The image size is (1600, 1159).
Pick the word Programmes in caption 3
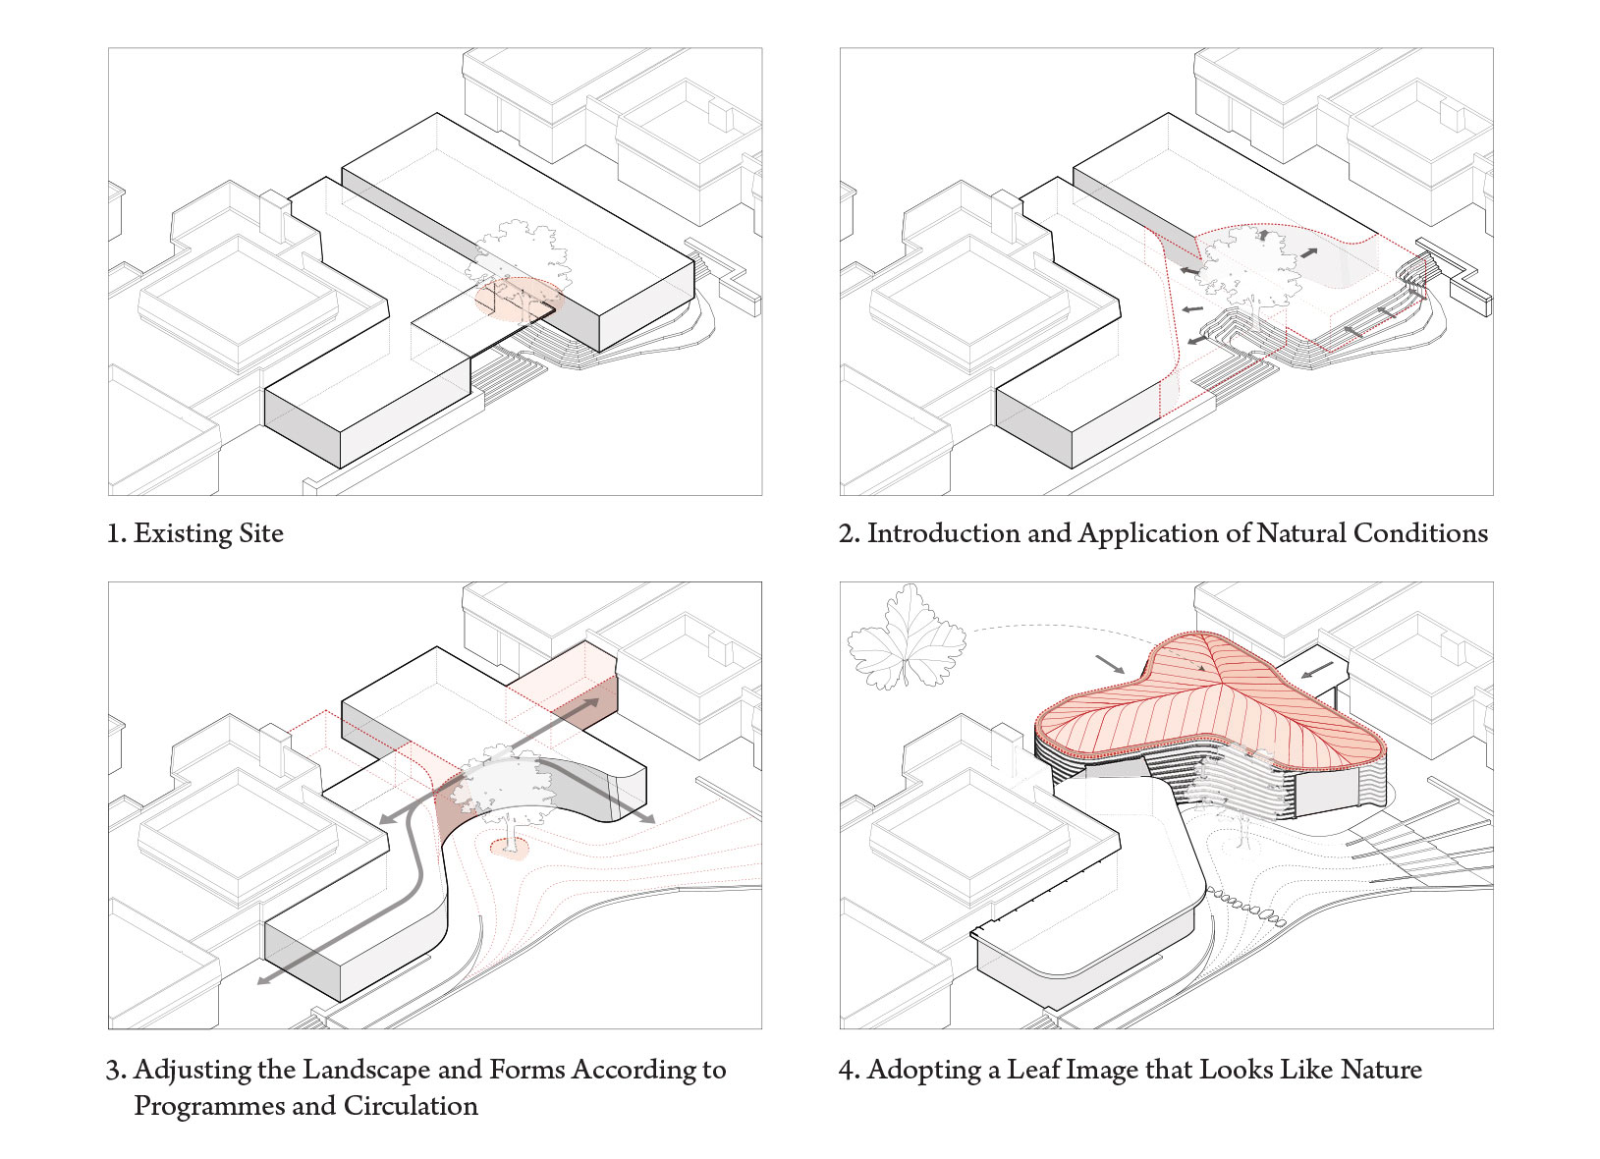click(x=209, y=1106)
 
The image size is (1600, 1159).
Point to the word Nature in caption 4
click(x=1381, y=1070)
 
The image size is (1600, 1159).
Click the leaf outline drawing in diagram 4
click(x=907, y=637)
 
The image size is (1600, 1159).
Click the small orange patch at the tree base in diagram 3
click(x=510, y=848)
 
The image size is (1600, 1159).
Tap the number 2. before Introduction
click(x=850, y=534)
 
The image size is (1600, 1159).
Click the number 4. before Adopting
click(x=850, y=1070)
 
